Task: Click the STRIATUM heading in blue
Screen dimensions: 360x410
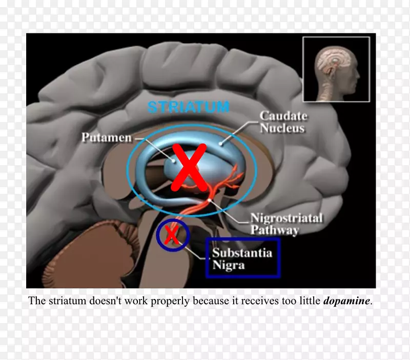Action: point(188,107)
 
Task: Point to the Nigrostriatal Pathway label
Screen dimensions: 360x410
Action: point(286,224)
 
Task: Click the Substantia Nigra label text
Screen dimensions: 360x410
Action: point(242,258)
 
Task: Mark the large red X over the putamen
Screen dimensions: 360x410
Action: point(188,167)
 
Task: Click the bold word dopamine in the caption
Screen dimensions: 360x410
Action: point(346,301)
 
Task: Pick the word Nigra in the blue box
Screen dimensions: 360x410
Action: point(229,265)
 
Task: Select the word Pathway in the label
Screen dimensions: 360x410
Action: point(274,230)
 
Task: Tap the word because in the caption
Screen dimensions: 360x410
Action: point(176,301)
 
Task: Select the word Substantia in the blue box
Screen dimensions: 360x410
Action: point(242,252)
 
